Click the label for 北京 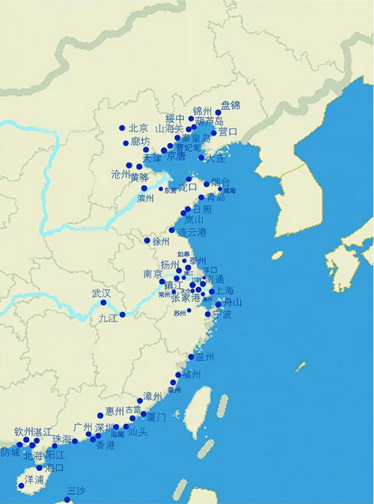138,128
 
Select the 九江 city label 108,318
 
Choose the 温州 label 204,357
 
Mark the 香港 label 105,445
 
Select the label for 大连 215,159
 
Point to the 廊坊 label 140,142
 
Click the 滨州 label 145,199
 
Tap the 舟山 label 233,303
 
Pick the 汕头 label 138,432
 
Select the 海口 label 54,467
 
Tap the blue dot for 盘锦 218,113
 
